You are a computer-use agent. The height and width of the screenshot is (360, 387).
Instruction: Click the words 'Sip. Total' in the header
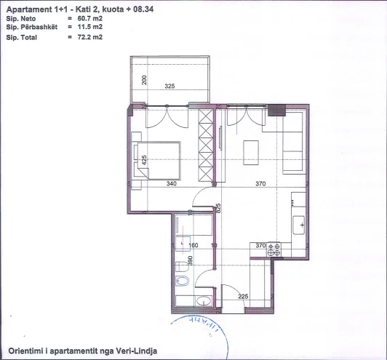[22, 36]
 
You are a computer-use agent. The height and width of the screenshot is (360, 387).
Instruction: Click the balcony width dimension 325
[169, 86]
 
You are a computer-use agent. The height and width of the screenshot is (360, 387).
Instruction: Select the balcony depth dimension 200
[145, 80]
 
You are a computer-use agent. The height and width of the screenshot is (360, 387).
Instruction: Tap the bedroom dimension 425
[145, 160]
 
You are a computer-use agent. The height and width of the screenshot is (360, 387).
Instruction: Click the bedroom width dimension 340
[171, 184]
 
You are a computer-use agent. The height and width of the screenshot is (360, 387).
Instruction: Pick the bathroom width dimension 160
[193, 245]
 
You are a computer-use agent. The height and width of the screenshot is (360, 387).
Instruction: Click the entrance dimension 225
[244, 295]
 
